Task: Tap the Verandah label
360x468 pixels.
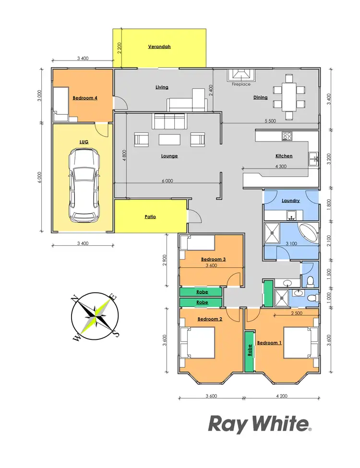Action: click(x=159, y=47)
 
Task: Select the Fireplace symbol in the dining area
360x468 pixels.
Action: click(x=241, y=75)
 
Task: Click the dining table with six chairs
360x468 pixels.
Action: click(x=289, y=96)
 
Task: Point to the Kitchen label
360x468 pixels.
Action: click(x=284, y=156)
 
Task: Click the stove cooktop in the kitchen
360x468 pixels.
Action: click(x=288, y=136)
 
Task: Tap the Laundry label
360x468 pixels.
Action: click(x=291, y=201)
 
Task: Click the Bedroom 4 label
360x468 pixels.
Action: click(x=85, y=98)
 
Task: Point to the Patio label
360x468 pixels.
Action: click(x=150, y=217)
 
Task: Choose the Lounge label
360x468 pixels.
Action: click(x=169, y=156)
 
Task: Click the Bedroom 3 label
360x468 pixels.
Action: click(x=214, y=259)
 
